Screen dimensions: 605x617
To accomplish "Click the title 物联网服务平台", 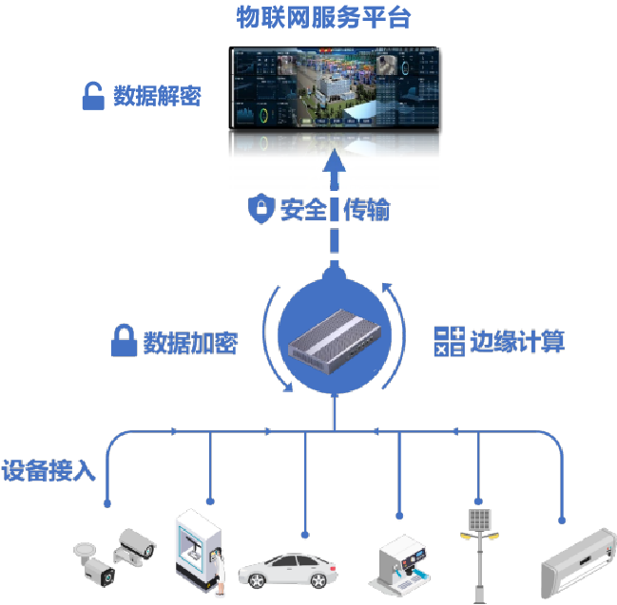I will tap(324, 17).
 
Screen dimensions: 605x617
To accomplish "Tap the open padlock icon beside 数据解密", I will tap(92, 96).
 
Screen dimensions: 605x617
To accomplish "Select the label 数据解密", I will tap(157, 96).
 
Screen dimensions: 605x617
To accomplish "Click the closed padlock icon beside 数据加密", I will tap(124, 340).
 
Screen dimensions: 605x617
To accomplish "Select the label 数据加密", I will tap(189, 342).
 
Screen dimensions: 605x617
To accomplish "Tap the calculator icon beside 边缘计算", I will tap(449, 341).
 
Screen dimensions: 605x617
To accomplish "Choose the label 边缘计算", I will tap(517, 341).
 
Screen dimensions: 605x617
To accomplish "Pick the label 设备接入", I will tap(48, 471).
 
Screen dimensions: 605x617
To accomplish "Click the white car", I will tap(289, 571).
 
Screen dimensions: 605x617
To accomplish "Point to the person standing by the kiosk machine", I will tap(220, 574).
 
